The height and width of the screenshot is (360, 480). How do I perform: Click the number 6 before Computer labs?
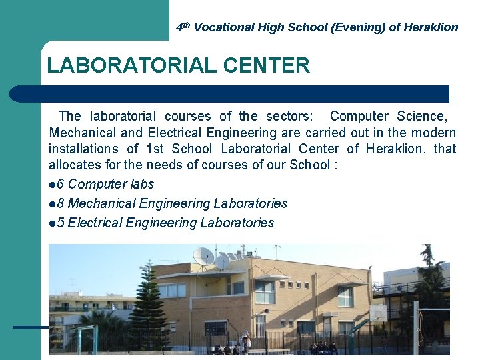[x=61, y=184]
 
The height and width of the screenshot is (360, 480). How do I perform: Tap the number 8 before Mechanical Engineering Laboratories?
[x=61, y=203]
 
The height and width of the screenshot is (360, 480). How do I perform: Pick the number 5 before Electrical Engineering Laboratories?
[x=61, y=223]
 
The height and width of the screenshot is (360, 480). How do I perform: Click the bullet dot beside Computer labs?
[x=52, y=185]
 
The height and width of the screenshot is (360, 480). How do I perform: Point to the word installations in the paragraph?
[x=84, y=149]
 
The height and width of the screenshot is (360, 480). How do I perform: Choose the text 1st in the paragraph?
[x=155, y=149]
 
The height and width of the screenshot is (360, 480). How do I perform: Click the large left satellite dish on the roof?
[x=203, y=257]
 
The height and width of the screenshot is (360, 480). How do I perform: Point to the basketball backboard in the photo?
[x=378, y=313]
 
